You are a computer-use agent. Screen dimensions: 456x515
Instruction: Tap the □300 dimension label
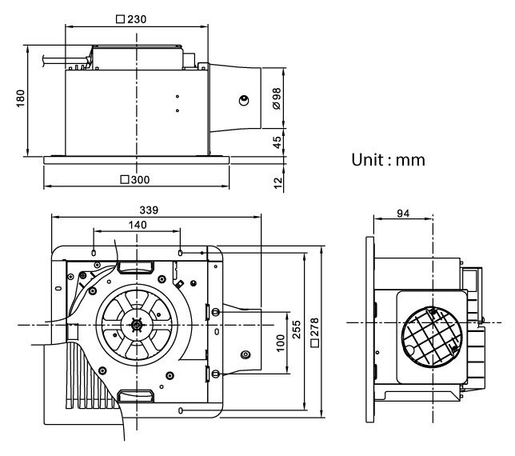pos(136,179)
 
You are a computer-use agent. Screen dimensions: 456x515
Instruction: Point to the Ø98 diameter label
pos(276,99)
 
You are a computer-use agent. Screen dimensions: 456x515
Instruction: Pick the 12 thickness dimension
pos(277,182)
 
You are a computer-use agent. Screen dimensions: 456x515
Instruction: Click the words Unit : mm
pos(388,159)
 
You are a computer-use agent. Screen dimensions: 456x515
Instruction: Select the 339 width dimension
pos(149,210)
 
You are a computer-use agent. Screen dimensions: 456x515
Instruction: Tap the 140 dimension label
pos(137,226)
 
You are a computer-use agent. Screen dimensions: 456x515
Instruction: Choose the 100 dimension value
pos(279,342)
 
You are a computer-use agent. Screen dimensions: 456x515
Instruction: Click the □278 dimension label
pos(316,332)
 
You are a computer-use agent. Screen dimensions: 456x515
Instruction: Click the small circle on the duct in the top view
pos(243,100)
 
